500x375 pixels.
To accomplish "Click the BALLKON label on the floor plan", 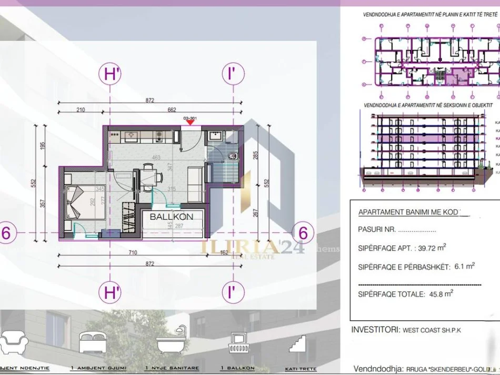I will [x=171, y=216].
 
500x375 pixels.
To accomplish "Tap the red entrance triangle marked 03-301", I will [x=191, y=123].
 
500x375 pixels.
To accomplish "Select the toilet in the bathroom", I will [x=233, y=155].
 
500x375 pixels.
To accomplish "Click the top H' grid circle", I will [x=109, y=74].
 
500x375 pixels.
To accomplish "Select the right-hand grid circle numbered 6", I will [x=303, y=232].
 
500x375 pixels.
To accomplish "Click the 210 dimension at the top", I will [x=80, y=110].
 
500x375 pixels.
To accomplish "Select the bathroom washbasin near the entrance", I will [x=214, y=137].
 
